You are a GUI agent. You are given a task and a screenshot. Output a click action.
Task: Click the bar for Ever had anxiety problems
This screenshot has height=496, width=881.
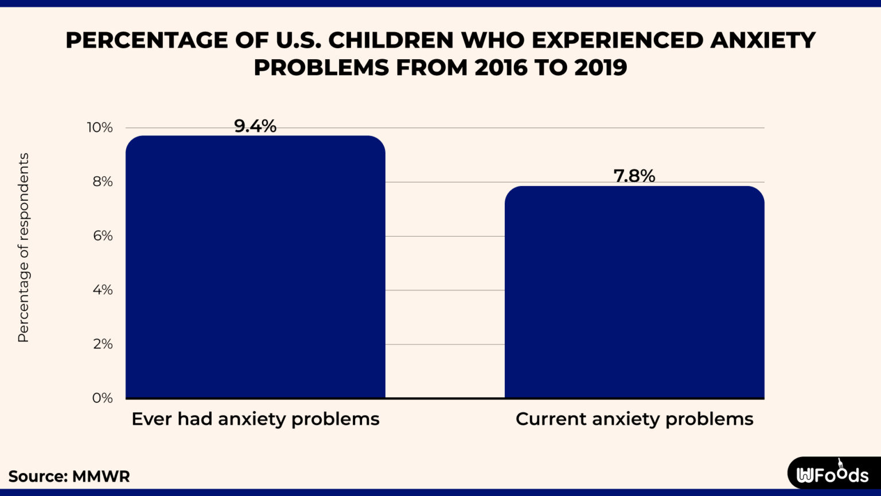point(255,267)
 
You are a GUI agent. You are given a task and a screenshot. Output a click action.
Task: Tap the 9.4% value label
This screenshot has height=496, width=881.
point(255,126)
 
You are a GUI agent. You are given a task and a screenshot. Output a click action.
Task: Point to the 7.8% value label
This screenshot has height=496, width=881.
point(634,176)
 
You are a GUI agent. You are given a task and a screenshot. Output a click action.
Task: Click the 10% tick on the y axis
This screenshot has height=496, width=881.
point(100,127)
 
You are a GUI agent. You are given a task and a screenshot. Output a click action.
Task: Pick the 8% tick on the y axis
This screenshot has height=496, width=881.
point(102,182)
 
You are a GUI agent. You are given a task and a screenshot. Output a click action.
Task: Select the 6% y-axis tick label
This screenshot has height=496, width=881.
point(102,236)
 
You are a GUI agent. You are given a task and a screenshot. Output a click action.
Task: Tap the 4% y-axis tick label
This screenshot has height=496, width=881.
point(102,290)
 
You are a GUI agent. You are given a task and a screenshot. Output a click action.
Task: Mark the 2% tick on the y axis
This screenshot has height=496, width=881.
point(102,344)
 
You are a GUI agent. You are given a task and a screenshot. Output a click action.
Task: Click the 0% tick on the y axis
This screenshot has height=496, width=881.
point(102,398)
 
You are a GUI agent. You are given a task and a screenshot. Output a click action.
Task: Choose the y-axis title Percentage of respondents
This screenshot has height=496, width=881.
point(23,248)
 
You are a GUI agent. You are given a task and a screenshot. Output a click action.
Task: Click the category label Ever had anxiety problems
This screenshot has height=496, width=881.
point(255,419)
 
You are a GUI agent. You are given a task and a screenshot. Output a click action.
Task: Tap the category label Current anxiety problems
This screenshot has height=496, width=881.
point(634,419)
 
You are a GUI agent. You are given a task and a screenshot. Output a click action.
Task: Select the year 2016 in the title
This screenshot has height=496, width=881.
point(501,68)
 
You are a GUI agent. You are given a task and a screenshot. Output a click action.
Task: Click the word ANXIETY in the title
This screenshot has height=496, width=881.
point(763,40)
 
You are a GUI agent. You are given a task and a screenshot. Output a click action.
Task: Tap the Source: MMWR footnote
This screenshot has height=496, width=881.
point(69,476)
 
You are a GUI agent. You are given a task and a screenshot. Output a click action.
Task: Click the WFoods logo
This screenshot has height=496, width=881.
point(833,474)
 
